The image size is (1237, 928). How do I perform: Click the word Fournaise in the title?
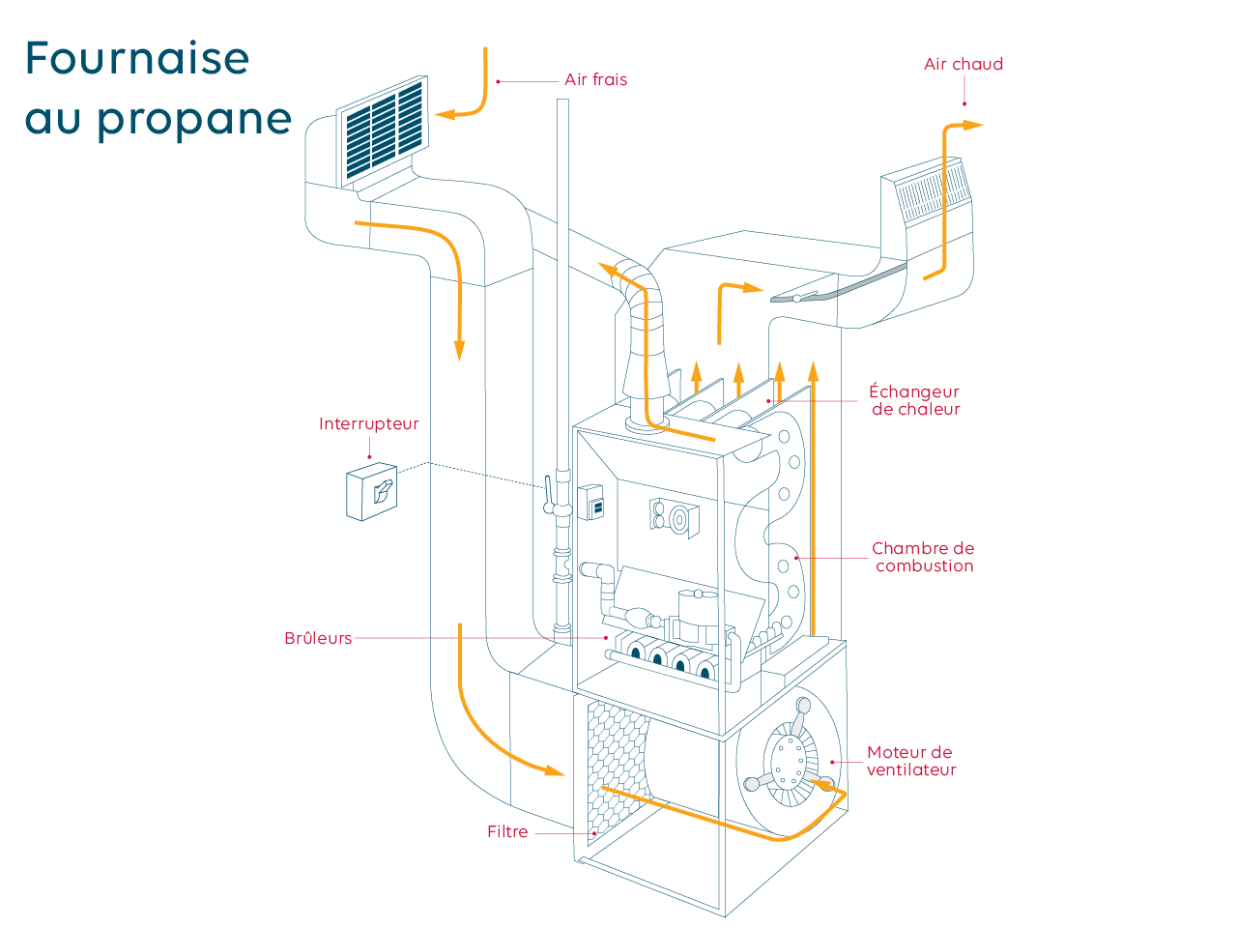point(137,59)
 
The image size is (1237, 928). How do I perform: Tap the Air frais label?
point(595,80)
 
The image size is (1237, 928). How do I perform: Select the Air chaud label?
point(963,65)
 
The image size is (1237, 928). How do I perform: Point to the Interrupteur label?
point(368,424)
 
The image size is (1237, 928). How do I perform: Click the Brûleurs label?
point(318,639)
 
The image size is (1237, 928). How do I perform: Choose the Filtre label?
point(507,832)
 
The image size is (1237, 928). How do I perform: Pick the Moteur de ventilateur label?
point(910,762)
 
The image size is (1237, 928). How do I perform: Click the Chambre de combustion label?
point(923,558)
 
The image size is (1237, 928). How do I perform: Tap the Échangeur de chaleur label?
point(914,401)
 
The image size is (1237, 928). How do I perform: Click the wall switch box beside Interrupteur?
point(372,493)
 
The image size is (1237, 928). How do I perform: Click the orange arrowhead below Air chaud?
point(972,125)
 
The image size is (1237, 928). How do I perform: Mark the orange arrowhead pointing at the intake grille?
point(445,114)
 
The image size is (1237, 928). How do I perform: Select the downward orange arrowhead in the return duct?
point(460,350)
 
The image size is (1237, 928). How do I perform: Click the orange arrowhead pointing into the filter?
point(554,770)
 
